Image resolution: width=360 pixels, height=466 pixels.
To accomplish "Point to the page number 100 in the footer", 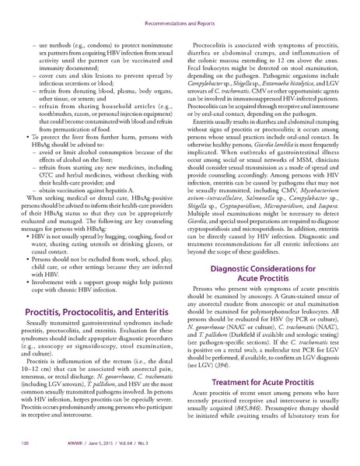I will coord(25,446).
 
